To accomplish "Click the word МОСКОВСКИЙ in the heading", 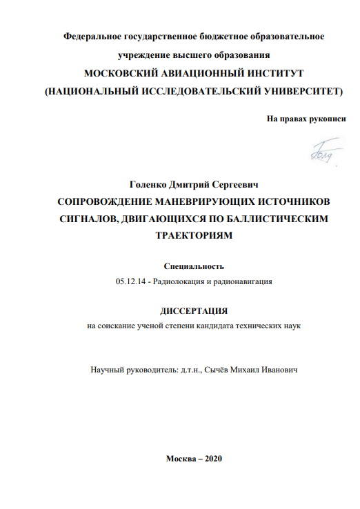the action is click(x=123, y=73).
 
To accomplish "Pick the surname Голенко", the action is click(x=148, y=186).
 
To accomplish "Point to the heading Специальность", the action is click(x=194, y=266).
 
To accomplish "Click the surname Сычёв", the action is click(x=219, y=370).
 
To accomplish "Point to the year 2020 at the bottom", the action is click(x=211, y=460).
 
